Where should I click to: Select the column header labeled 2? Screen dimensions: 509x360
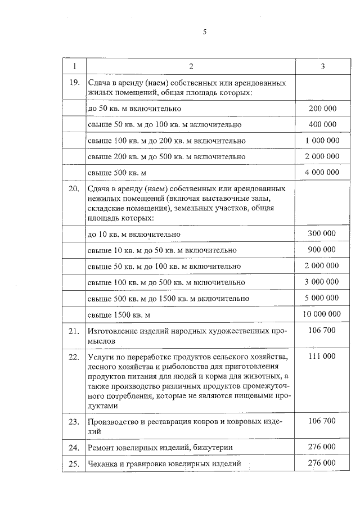click(191, 66)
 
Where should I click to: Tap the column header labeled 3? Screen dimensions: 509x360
click(322, 66)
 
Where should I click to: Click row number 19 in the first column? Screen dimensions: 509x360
click(73, 83)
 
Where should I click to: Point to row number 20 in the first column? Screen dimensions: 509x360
click(73, 188)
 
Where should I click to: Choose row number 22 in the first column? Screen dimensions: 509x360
click(73, 357)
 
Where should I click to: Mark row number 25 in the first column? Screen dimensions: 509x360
click(73, 463)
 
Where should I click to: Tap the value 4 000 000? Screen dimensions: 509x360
click(322, 172)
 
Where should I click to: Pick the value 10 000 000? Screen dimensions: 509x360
click(322, 314)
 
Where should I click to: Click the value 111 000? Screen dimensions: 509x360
click(322, 357)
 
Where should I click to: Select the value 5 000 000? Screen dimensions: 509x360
click(322, 298)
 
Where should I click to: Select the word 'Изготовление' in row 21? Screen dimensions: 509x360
click(112, 331)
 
